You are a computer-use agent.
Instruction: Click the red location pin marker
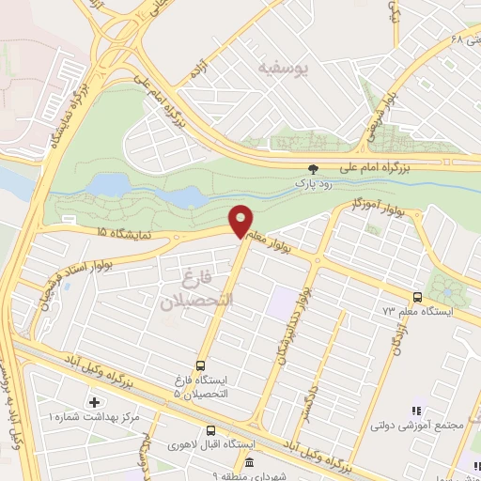point(241,220)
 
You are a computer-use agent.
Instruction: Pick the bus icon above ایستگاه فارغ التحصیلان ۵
point(199,366)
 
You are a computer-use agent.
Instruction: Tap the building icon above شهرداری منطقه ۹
point(249,462)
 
